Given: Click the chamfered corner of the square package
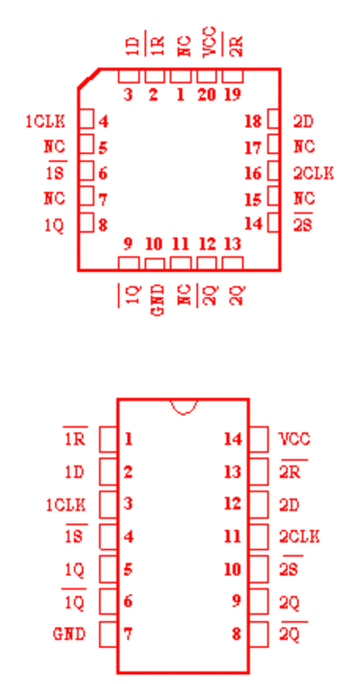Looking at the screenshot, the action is pyautogui.click(x=89, y=78).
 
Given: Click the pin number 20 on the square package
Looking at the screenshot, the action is pyautogui.click(x=206, y=94).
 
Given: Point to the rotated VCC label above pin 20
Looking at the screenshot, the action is pyautogui.click(x=210, y=41).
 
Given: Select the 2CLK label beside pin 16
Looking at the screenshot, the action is pyautogui.click(x=313, y=174).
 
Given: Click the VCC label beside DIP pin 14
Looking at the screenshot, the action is pyautogui.click(x=294, y=439).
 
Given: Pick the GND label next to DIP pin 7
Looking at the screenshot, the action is pyautogui.click(x=69, y=634).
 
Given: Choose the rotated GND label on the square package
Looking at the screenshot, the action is pyautogui.click(x=158, y=300).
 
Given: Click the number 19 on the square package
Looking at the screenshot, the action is pyautogui.click(x=232, y=94).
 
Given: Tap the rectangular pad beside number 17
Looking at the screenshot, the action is pyautogui.click(x=274, y=144).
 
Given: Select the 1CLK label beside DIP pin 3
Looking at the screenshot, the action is pyautogui.click(x=66, y=505).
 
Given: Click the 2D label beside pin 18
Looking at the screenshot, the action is pyautogui.click(x=303, y=121).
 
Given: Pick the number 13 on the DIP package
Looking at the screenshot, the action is pyautogui.click(x=232, y=472).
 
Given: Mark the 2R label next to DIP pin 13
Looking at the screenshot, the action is pyautogui.click(x=290, y=472).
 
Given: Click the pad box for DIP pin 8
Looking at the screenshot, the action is pyautogui.click(x=259, y=634).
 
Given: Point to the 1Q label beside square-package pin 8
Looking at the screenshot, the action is pyautogui.click(x=54, y=226).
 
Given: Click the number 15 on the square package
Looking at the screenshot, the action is pyautogui.click(x=254, y=200).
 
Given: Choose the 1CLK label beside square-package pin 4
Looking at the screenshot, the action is pyautogui.click(x=45, y=121).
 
